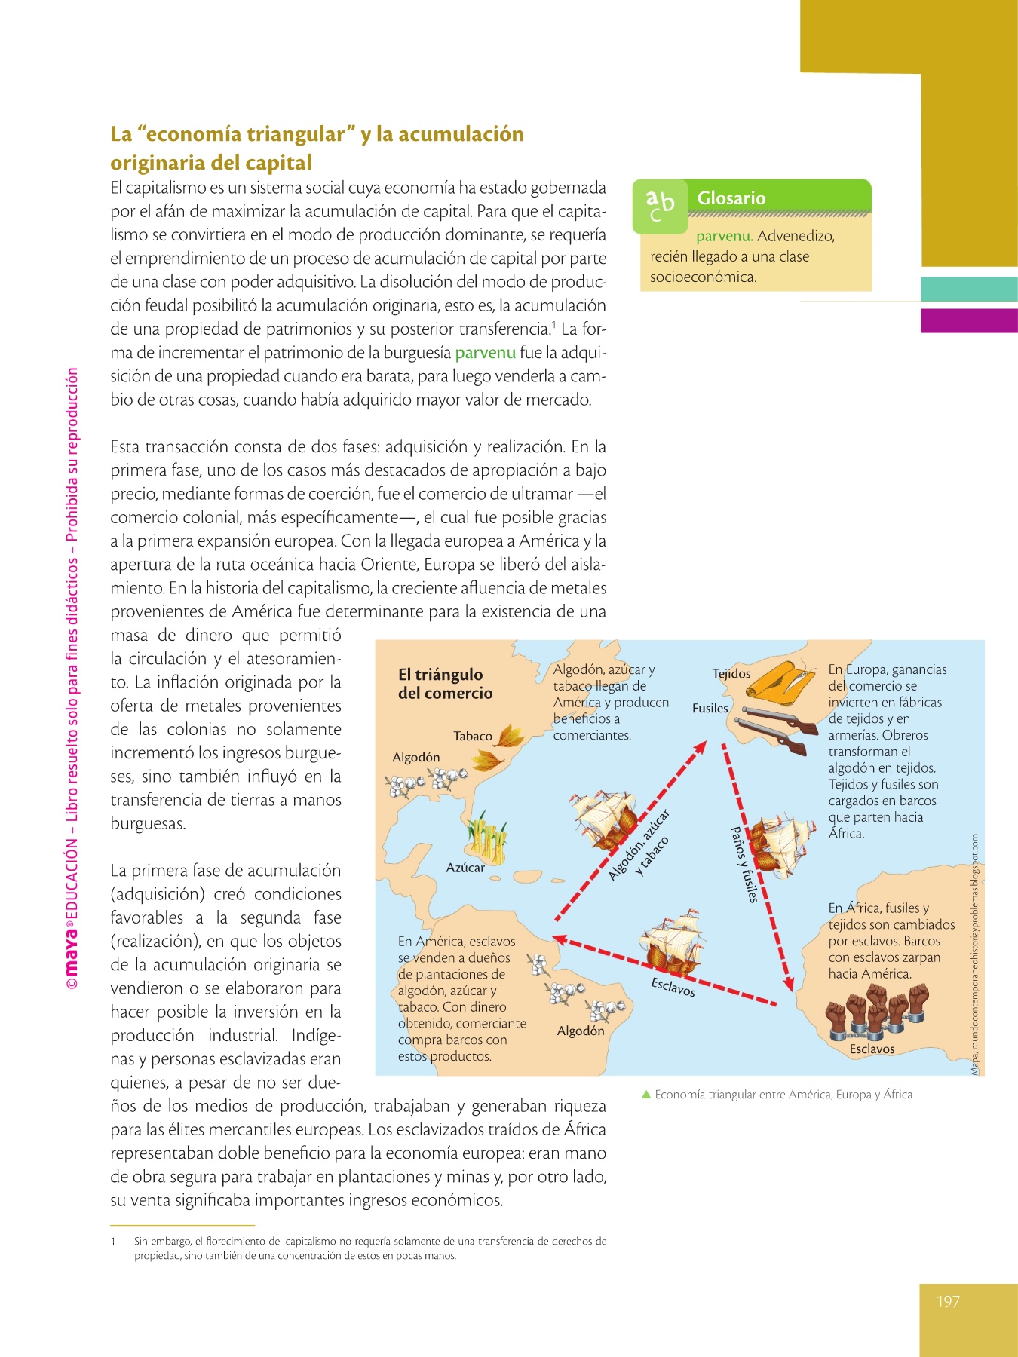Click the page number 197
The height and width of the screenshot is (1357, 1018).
[x=948, y=1301]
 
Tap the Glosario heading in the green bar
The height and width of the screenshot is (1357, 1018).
[x=731, y=198]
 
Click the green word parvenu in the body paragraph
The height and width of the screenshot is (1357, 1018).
[x=485, y=353]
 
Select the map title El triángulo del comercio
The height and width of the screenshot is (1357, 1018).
[x=445, y=684]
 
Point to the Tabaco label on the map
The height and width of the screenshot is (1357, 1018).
[x=473, y=736]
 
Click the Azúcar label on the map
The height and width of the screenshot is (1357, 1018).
[x=465, y=868]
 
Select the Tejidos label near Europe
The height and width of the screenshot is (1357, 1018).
[x=731, y=673]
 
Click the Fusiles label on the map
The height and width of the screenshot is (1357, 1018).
[x=710, y=708]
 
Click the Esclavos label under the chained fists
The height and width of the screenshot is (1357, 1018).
[x=872, y=1049]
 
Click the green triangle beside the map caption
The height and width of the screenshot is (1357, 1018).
[x=645, y=1094]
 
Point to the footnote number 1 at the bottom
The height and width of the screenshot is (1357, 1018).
[x=113, y=1241]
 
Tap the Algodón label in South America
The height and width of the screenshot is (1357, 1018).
[x=581, y=1031]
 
